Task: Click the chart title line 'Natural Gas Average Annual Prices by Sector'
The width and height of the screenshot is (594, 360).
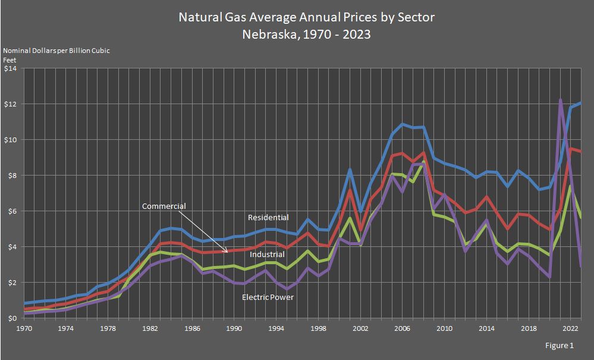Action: point(306,17)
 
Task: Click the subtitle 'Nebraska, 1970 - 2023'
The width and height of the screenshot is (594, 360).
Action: point(306,34)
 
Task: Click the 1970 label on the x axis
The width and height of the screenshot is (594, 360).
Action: point(24,328)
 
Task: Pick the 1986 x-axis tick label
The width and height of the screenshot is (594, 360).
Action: point(191,328)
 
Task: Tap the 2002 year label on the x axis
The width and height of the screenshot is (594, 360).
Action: point(358,328)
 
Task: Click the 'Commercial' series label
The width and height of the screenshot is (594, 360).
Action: point(164,206)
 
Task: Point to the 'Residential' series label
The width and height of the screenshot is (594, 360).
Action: point(268,218)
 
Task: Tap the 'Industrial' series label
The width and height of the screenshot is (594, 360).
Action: point(267,255)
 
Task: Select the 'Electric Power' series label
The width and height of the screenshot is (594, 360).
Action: point(268,296)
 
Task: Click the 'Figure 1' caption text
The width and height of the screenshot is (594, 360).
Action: point(560,346)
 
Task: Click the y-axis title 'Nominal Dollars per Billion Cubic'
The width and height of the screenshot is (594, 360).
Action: point(56,51)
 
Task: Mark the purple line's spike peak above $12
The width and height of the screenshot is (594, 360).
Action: point(561,100)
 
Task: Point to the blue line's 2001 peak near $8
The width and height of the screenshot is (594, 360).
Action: point(350,170)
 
